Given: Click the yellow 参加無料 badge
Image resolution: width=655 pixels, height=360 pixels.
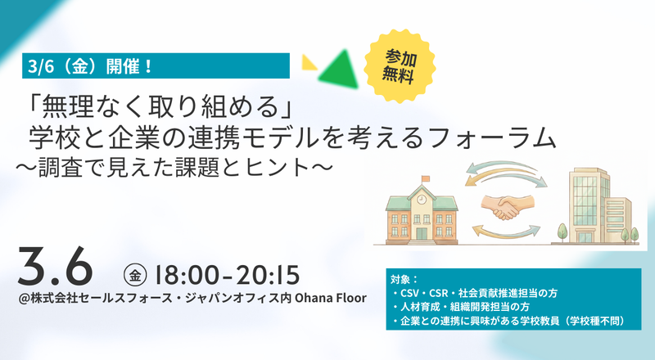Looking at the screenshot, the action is pyautogui.click(x=400, y=66).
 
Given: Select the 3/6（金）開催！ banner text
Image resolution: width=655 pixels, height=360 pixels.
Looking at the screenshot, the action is pyautogui.click(x=89, y=66).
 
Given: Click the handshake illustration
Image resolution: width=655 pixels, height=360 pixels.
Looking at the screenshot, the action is pyautogui.click(x=507, y=207).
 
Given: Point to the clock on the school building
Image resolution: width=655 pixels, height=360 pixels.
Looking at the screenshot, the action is pyautogui.click(x=422, y=200).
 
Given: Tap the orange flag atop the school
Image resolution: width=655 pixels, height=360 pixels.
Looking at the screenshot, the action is pyautogui.click(x=425, y=178).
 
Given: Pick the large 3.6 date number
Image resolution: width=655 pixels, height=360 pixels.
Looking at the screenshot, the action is pyautogui.click(x=55, y=267).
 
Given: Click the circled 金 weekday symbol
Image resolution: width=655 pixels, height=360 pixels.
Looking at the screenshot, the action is pyautogui.click(x=135, y=275).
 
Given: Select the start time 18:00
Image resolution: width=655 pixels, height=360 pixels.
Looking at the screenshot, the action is pyautogui.click(x=187, y=275).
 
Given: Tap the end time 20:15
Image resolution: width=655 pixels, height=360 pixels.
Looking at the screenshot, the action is pyautogui.click(x=268, y=275).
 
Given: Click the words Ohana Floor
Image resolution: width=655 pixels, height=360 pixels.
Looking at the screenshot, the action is pyautogui.click(x=331, y=298).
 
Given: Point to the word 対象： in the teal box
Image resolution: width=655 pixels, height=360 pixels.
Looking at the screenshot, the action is pyautogui.click(x=404, y=279).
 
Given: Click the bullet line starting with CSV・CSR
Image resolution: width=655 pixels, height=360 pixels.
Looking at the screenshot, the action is pyautogui.click(x=475, y=293).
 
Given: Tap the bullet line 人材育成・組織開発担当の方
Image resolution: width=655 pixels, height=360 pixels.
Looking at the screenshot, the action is pyautogui.click(x=461, y=307).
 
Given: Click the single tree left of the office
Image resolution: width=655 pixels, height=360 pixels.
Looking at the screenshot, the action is pyautogui.click(x=562, y=232).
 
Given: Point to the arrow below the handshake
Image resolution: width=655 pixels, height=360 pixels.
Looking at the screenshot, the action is pyautogui.click(x=506, y=231).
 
